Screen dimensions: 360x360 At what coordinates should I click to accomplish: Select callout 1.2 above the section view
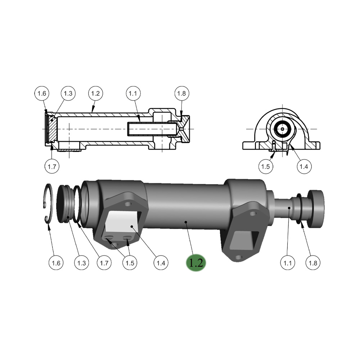(x=95, y=94)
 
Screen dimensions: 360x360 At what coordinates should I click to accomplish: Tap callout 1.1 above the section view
(x=133, y=94)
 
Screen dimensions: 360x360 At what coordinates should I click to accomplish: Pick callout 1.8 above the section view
(x=181, y=94)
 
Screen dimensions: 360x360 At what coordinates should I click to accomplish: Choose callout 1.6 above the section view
(x=42, y=94)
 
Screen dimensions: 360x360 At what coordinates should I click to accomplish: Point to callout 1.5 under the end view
(x=266, y=166)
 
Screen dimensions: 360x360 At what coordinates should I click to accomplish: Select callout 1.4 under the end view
(x=303, y=166)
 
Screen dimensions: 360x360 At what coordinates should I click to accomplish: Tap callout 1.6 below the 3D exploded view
(x=56, y=263)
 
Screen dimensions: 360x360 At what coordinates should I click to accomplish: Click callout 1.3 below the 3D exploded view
(x=81, y=263)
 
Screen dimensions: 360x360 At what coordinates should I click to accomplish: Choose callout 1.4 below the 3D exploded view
(x=161, y=263)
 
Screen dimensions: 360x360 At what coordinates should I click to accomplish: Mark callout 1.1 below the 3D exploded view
(x=287, y=263)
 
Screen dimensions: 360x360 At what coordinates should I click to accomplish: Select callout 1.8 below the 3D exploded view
(x=313, y=263)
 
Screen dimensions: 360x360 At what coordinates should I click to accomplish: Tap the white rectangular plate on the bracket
(x=120, y=221)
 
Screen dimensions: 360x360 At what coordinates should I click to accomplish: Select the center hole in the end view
(x=283, y=129)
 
